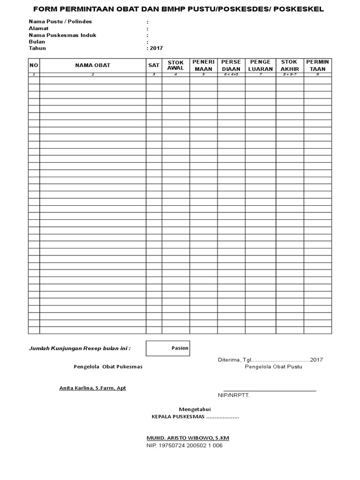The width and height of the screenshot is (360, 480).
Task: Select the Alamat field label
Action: (39, 28)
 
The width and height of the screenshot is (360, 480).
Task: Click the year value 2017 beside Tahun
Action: (156, 48)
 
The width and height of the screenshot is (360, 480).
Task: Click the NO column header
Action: (34, 65)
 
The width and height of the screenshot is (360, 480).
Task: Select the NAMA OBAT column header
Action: (93, 65)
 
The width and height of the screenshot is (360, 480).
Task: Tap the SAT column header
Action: (154, 65)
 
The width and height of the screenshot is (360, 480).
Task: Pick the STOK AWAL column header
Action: (176, 65)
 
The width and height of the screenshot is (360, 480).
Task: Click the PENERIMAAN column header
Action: (203, 65)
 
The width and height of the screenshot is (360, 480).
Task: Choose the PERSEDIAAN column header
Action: (231, 65)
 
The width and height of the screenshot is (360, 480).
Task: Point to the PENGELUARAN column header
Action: (261, 65)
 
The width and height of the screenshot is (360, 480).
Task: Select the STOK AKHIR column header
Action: (290, 65)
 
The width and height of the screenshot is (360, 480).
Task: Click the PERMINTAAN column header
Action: (318, 65)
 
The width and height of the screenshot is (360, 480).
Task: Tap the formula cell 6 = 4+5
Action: (231, 75)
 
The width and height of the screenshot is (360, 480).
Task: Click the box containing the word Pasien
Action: (168, 348)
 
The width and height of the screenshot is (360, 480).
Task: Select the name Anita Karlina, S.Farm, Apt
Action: (92, 388)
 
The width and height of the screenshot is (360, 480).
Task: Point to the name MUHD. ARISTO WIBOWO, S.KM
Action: (188, 438)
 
